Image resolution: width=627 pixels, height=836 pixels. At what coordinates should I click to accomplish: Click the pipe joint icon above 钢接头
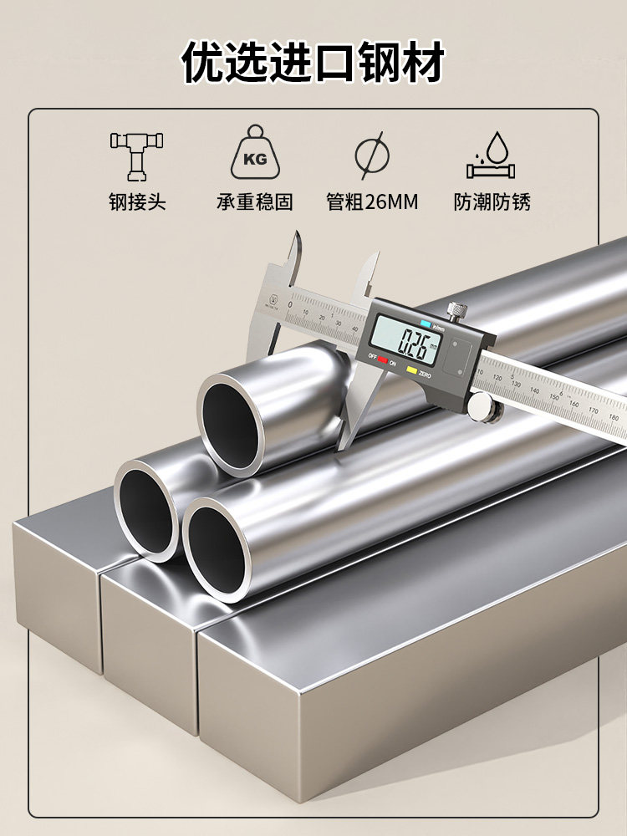pos(136,154)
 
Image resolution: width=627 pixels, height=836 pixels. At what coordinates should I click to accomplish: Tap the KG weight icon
pos(255,153)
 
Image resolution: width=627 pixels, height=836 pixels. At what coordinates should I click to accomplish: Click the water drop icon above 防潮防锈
pos(491,155)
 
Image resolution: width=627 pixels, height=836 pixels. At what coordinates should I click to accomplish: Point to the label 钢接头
pos(136,202)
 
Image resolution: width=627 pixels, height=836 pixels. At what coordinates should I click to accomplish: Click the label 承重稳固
pos(255,202)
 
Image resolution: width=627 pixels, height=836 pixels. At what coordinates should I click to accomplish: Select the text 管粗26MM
pos(371,202)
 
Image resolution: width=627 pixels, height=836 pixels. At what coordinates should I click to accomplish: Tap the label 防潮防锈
pos(492,202)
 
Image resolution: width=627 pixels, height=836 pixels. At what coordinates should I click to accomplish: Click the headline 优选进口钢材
pos(313,64)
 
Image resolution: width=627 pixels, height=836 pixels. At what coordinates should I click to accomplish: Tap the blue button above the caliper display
pos(426,322)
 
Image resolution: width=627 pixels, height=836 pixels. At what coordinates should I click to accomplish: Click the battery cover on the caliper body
pos(459,356)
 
